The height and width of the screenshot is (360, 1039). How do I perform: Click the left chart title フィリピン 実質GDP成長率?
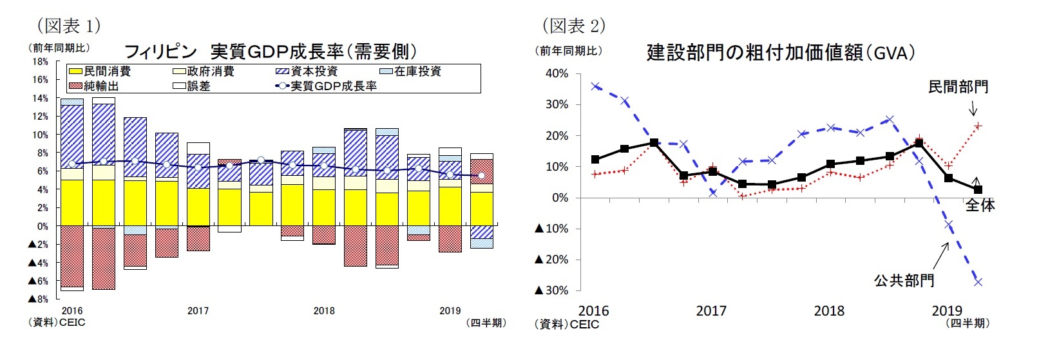point(270,52)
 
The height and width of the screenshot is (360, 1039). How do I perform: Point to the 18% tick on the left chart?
point(40,62)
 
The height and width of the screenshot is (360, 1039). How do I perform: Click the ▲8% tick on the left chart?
point(38,299)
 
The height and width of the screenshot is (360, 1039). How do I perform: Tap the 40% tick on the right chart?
point(557,73)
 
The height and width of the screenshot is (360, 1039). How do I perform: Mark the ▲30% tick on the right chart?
point(552,290)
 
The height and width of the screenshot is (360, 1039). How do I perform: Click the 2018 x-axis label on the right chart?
point(829,311)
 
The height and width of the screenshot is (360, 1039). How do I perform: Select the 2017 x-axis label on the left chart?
point(198,311)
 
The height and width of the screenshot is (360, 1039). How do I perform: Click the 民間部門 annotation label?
point(958,87)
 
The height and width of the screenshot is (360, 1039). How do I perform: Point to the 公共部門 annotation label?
point(904,281)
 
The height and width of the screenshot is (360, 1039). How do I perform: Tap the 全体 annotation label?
point(980,205)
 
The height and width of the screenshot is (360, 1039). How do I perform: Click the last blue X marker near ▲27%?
point(978,282)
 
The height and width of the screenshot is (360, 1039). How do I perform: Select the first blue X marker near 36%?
point(595,86)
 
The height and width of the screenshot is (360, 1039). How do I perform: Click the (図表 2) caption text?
point(574,26)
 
